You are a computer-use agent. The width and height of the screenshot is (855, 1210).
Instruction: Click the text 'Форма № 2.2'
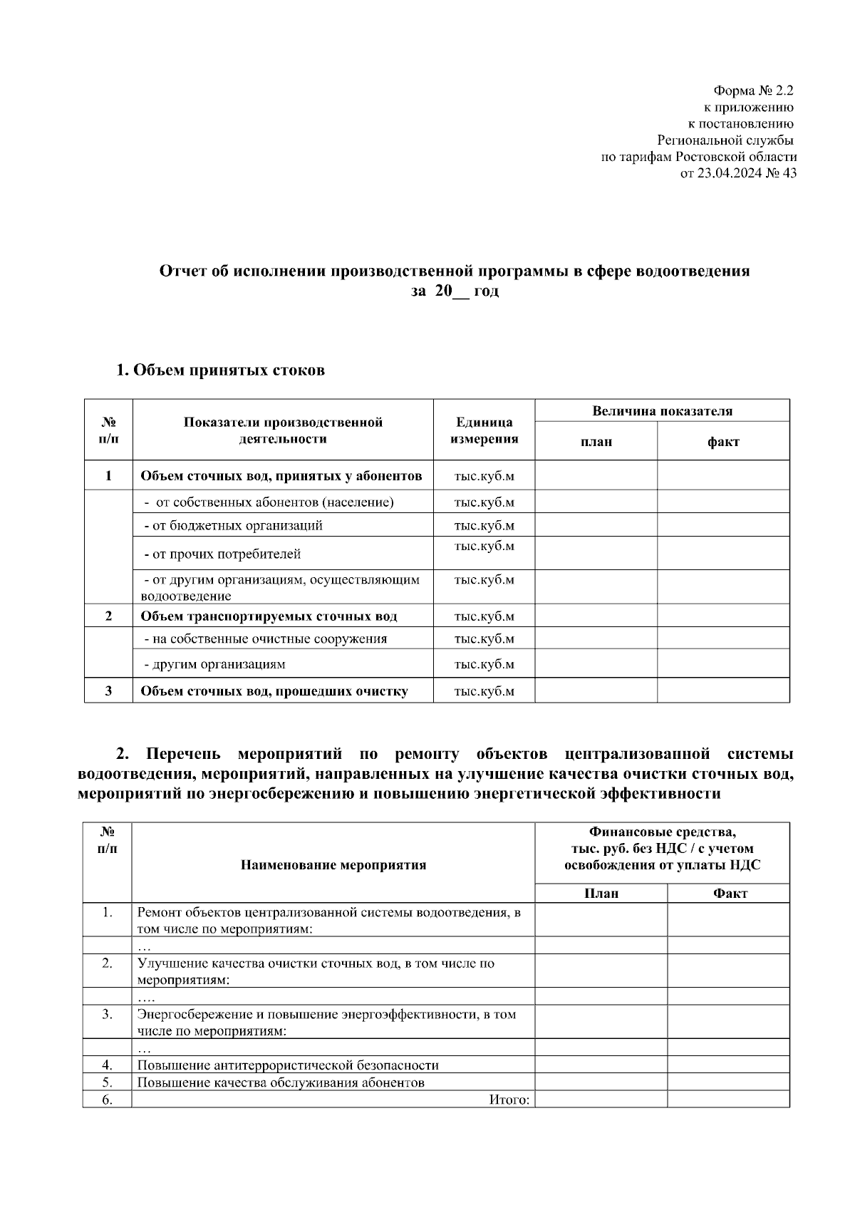pyautogui.click(x=752, y=91)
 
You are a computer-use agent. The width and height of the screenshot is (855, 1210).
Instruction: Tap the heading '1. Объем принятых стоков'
pyautogui.click(x=220, y=371)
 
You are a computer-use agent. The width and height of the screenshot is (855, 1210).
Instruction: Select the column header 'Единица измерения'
pyautogui.click(x=484, y=430)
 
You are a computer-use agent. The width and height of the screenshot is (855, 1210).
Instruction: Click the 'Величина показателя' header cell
pyautogui.click(x=662, y=411)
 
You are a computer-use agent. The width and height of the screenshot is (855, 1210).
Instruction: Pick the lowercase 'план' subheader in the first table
pyautogui.click(x=596, y=442)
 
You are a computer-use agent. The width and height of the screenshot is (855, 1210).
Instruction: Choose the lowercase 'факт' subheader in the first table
pyautogui.click(x=722, y=442)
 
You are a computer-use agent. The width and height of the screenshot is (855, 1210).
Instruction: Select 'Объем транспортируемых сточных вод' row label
pyautogui.click(x=269, y=616)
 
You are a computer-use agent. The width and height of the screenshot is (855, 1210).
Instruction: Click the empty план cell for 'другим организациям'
pyautogui.click(x=596, y=664)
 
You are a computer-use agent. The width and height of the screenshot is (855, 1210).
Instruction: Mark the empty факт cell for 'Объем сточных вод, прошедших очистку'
pyautogui.click(x=722, y=691)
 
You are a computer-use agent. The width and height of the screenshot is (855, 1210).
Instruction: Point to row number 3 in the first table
pyautogui.click(x=108, y=691)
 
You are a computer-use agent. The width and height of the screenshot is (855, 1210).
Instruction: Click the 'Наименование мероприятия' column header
pyautogui.click(x=333, y=865)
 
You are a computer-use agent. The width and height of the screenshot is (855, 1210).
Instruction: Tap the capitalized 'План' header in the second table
pyautogui.click(x=601, y=894)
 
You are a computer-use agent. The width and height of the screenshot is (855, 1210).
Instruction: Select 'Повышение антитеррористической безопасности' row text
pyautogui.click(x=288, y=1065)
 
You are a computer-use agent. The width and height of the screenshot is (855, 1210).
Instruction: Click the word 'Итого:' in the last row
pyautogui.click(x=509, y=1100)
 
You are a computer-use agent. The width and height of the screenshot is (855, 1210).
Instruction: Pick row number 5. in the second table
pyautogui.click(x=107, y=1082)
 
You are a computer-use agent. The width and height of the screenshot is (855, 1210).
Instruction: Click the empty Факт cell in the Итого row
pyautogui.click(x=727, y=1100)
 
